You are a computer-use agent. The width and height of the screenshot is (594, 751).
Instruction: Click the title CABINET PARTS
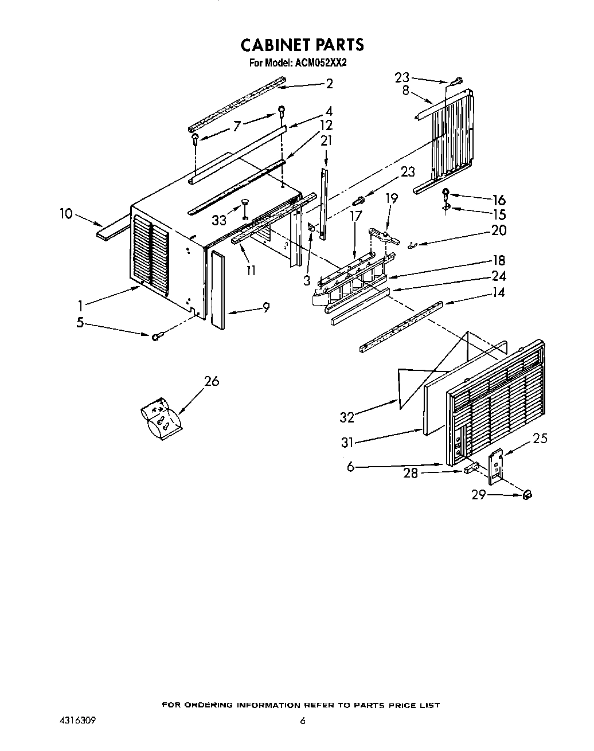(x=302, y=44)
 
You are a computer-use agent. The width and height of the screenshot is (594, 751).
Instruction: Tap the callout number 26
(x=212, y=381)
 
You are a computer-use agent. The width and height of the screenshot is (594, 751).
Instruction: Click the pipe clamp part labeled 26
(x=161, y=417)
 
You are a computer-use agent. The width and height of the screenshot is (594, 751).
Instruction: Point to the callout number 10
(x=67, y=214)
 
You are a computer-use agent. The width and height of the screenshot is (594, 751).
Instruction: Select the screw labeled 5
(x=157, y=336)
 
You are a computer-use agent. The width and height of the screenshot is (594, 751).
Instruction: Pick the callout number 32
(x=347, y=417)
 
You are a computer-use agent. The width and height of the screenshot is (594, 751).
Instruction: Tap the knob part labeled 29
(x=528, y=495)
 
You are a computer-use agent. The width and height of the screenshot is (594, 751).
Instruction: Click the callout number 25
(x=540, y=439)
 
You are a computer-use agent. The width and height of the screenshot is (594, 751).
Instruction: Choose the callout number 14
(x=498, y=292)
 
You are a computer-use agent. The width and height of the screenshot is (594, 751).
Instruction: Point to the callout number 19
(x=392, y=198)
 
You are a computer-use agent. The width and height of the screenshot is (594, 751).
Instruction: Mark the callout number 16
(x=498, y=200)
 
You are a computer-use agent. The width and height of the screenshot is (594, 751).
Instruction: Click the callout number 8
(x=405, y=90)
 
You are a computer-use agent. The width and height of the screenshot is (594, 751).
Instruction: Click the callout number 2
(x=329, y=83)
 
